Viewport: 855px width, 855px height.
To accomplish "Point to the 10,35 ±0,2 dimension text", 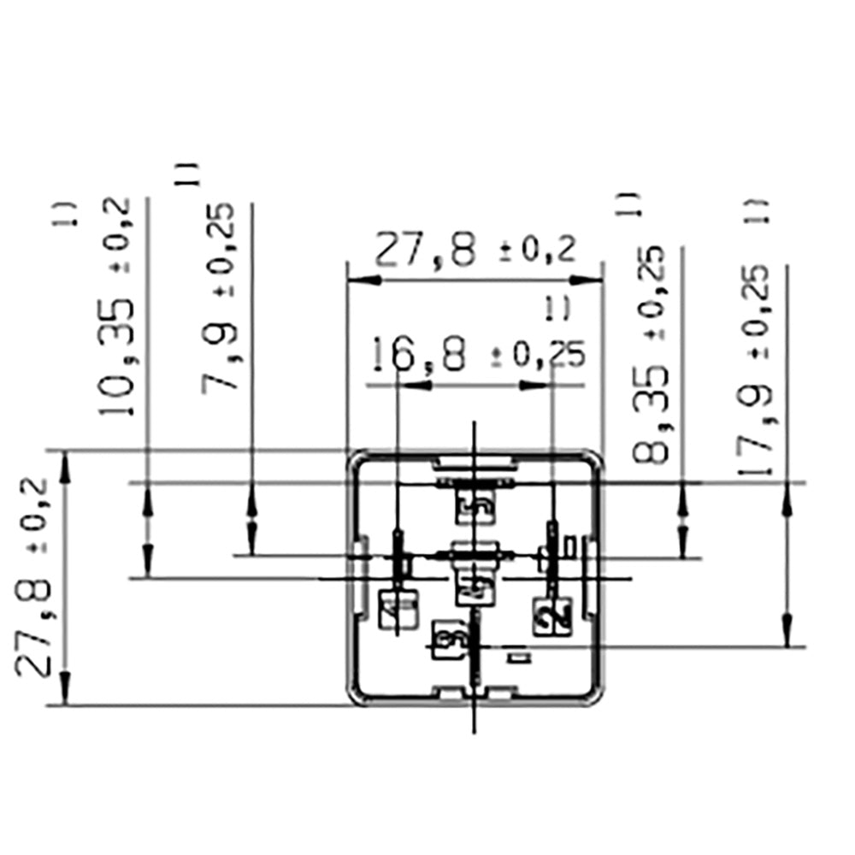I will (x=117, y=308).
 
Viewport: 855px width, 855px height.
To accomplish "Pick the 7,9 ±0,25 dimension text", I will (x=219, y=296).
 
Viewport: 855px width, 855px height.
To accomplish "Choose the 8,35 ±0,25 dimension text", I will (x=652, y=354).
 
